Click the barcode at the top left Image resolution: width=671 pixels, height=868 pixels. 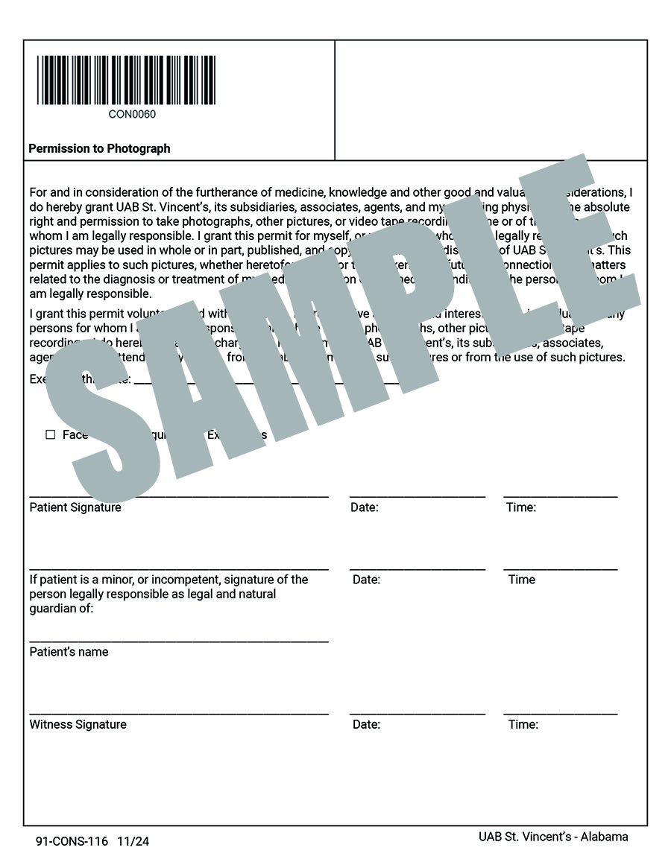tap(126, 80)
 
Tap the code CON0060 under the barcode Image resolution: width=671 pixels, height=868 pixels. tap(132, 115)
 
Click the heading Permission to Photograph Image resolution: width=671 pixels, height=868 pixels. tap(99, 148)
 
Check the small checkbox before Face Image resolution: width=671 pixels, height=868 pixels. tap(51, 434)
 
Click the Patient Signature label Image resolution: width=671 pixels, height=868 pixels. tap(75, 507)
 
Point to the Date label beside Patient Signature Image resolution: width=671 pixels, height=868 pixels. tap(365, 508)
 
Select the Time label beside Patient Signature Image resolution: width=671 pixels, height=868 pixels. tap(521, 508)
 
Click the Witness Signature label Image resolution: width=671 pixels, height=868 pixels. tap(78, 724)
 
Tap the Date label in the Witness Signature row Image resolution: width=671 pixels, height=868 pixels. tap(366, 724)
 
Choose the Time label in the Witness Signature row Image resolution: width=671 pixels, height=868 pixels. tap(523, 724)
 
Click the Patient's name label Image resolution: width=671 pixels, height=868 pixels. tap(69, 652)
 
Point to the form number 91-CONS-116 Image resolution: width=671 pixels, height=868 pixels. tap(72, 842)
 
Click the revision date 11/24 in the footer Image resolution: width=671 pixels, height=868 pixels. tap(133, 842)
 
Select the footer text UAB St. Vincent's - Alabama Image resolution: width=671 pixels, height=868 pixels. tap(553, 837)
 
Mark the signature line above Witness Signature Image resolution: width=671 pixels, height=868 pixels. tap(179, 714)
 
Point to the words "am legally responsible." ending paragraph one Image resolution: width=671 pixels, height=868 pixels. tap(90, 294)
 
